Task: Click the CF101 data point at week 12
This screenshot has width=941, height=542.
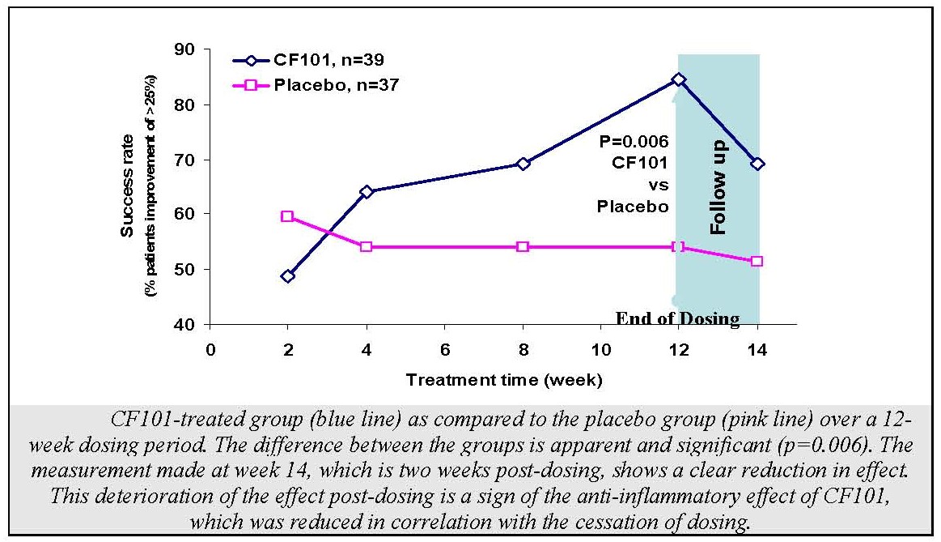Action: click(x=678, y=79)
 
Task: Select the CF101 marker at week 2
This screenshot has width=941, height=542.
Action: click(x=288, y=276)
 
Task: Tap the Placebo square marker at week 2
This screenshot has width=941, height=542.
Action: click(x=288, y=216)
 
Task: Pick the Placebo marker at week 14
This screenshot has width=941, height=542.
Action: click(x=757, y=261)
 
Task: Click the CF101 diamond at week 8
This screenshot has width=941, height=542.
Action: click(x=523, y=164)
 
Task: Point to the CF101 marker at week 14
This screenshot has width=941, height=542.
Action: click(x=757, y=164)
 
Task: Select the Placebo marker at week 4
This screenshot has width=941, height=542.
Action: click(x=366, y=246)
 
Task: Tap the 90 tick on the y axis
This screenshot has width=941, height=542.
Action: click(x=188, y=50)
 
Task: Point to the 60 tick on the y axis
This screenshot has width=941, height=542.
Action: click(x=188, y=215)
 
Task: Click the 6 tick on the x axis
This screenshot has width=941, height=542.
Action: click(x=444, y=351)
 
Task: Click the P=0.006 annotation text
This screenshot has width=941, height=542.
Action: click(x=634, y=141)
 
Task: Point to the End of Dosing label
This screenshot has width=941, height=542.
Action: click(x=678, y=318)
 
